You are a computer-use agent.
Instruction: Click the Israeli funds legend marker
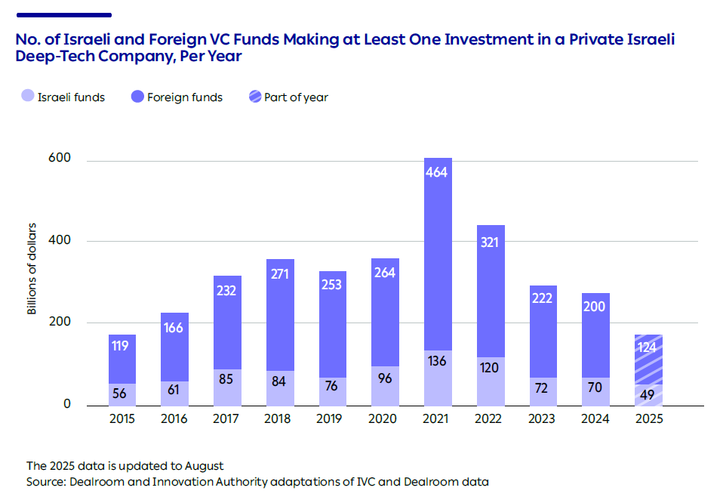click(x=27, y=97)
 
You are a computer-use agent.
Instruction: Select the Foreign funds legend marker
click(x=137, y=97)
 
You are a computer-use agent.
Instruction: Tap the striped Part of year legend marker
click(x=254, y=97)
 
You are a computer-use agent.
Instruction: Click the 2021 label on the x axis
click(x=438, y=419)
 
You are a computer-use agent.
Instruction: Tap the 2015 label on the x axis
click(x=122, y=419)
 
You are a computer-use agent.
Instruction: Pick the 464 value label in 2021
click(x=437, y=172)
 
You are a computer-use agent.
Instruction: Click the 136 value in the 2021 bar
click(x=437, y=361)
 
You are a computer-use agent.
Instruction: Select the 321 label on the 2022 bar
click(x=490, y=242)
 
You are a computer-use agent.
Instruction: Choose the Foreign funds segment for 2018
click(x=280, y=315)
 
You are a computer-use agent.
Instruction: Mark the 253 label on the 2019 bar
click(x=332, y=285)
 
